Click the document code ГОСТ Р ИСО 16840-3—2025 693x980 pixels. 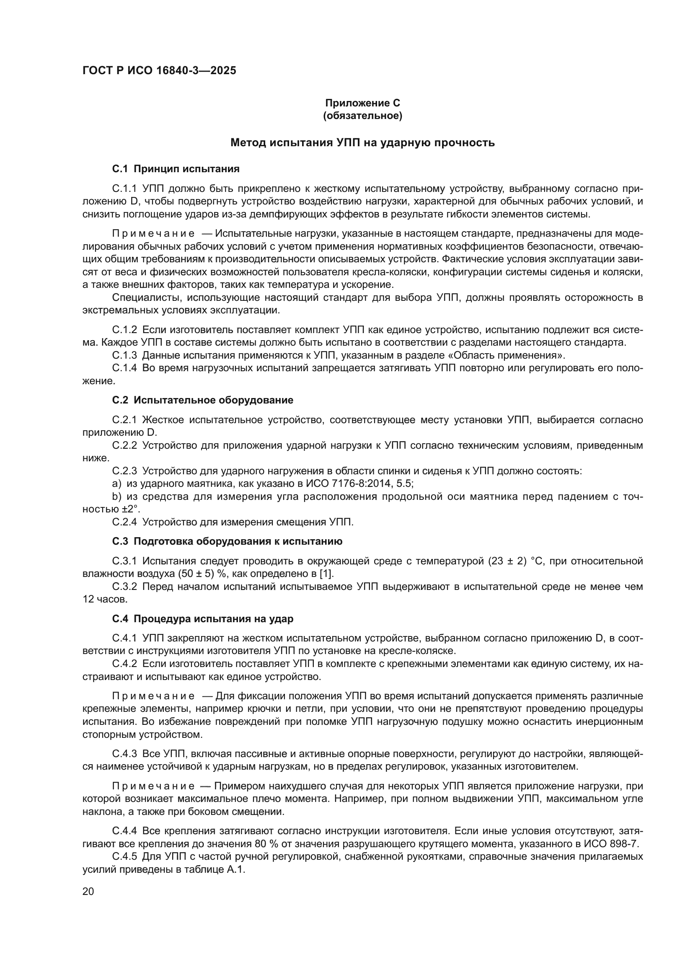coord(159,71)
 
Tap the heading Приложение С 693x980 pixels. coord(363,103)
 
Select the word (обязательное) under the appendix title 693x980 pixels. coord(363,116)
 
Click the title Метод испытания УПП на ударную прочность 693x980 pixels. coord(363,142)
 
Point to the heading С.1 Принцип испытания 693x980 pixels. coord(176,169)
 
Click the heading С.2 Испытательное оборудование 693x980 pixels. coord(203,401)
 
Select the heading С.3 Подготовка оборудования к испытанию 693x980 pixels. coord(227,542)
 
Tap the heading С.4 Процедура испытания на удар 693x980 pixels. coord(203,619)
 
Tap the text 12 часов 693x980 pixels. coord(105,599)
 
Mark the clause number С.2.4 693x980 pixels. coord(124,522)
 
